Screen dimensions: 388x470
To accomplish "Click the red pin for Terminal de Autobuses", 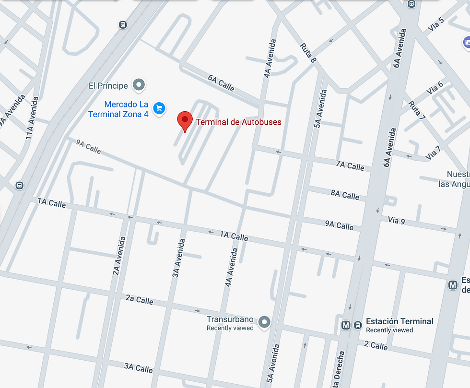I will coord(185,120).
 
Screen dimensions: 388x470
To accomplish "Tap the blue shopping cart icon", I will coord(159,108).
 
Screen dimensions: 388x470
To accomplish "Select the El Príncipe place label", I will coord(108,86).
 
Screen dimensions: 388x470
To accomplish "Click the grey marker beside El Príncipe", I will coord(139,85).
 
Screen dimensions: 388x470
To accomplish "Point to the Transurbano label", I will coord(230,319).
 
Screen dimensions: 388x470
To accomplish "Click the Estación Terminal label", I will coord(399,321).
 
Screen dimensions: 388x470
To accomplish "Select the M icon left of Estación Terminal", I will coord(346,325).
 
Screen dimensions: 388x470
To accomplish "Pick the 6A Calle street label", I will coord(221,83).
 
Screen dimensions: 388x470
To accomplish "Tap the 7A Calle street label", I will coord(350,166).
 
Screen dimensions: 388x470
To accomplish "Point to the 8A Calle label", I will coord(345,195).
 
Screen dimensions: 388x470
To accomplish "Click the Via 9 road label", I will coord(397,221).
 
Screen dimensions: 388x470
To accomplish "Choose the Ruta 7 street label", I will coord(417,110).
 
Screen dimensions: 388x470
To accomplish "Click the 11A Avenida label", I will coord(32,118).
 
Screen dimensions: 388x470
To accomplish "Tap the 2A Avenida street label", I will coord(119,256).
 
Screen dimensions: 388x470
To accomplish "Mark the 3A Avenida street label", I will coord(178,258).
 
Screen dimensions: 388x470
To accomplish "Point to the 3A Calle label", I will coord(139,368).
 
